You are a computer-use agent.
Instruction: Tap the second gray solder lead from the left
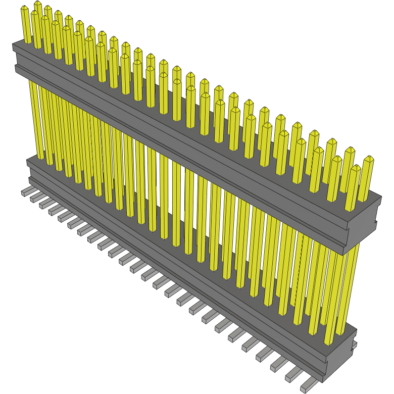(35, 198)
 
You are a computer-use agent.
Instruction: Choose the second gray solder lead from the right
(293, 376)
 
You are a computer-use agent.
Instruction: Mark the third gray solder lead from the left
(44, 203)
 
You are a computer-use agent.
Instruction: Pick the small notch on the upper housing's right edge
(375, 223)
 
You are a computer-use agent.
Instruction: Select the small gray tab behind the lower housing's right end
(355, 344)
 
